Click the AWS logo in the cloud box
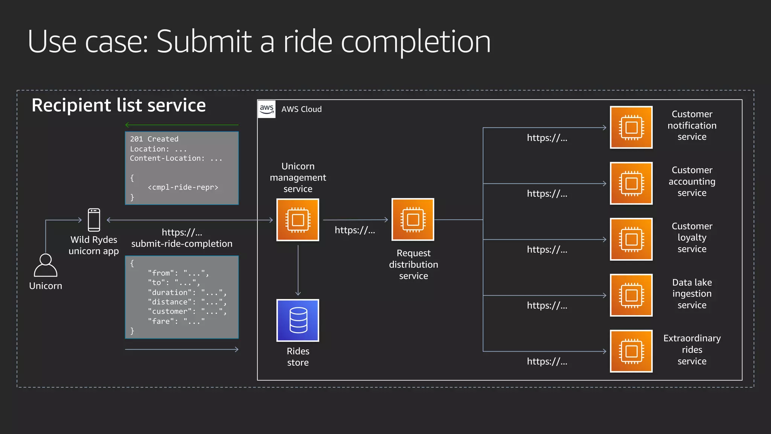[267, 109]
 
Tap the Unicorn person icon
[46, 266]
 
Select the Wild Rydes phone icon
[94, 220]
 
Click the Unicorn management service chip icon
[298, 220]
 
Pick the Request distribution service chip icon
[413, 219]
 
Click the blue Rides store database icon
[298, 320]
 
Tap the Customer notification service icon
[631, 127]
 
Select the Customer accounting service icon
[631, 183]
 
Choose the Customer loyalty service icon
[631, 239]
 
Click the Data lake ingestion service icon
[631, 295]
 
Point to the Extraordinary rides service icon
[631, 351]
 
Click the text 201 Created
[154, 139]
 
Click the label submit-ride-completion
[182, 244]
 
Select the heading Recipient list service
[119, 105]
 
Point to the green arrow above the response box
[182, 125]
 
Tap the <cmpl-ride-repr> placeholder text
[183, 187]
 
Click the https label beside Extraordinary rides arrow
[547, 362]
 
